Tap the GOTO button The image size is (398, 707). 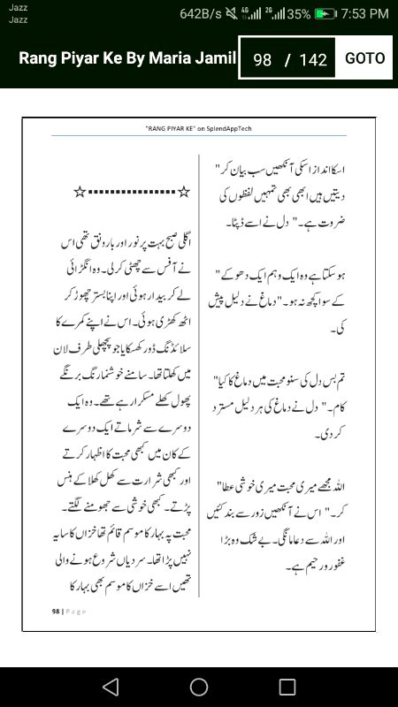click(x=364, y=58)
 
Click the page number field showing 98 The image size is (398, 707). click(x=262, y=60)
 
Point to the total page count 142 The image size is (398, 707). click(x=313, y=60)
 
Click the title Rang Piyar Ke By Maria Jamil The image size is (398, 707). click(x=128, y=58)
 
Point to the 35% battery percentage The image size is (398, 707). click(x=299, y=14)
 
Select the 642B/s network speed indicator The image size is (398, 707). click(x=201, y=14)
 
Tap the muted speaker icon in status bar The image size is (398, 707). click(x=232, y=14)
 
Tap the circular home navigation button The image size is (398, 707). click(x=199, y=687)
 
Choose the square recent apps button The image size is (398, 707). click(x=287, y=687)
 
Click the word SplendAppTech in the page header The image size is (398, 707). click(x=228, y=129)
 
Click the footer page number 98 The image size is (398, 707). click(x=55, y=611)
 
